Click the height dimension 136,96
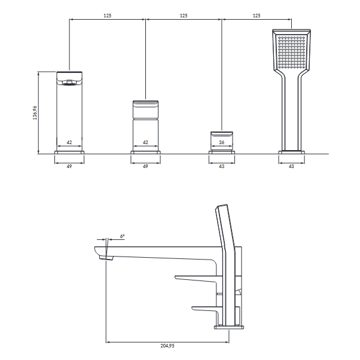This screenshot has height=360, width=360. point(35,113)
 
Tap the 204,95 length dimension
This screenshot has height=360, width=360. point(167,346)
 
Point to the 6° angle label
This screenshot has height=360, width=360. point(122,236)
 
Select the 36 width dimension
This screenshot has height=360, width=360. point(221,142)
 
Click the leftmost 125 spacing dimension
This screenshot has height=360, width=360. point(108,16)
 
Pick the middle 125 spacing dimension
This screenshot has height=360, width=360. point(184,16)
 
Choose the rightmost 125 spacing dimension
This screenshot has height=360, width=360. point(257,16)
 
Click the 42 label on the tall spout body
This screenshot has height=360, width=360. point(69,142)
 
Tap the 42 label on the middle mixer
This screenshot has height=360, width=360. point(145,142)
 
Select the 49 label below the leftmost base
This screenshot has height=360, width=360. point(69,166)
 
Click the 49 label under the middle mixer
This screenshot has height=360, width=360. point(145,166)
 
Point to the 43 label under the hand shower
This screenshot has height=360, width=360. point(291,166)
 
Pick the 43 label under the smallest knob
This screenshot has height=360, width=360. point(221,166)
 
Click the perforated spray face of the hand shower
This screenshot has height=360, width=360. point(291,52)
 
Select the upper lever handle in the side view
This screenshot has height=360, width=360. point(196,278)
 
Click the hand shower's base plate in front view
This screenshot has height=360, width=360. point(292,152)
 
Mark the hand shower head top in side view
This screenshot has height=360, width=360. point(221,205)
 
